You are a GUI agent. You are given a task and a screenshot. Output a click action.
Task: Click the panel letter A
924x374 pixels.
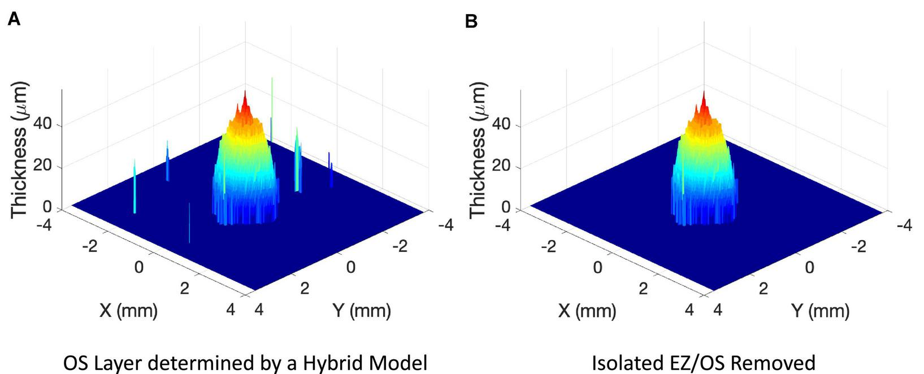click(14, 20)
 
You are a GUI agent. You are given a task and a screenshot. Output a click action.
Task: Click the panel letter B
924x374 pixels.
click(471, 21)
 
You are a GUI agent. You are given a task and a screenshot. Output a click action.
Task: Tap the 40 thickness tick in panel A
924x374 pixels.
click(42, 124)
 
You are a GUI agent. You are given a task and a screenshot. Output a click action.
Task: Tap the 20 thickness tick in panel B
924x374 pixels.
click(501, 166)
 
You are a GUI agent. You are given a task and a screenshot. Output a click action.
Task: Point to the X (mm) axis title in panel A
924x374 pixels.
click(128, 310)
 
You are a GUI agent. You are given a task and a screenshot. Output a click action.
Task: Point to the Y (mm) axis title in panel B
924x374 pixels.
click(820, 310)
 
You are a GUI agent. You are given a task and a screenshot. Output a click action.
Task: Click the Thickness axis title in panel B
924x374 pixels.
click(478, 150)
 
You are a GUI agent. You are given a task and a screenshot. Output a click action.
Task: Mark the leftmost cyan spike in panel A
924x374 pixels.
click(135, 186)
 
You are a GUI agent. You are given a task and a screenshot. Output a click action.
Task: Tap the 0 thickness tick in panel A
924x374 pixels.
click(47, 207)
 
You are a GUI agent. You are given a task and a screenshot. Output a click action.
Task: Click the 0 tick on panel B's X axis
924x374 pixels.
click(597, 267)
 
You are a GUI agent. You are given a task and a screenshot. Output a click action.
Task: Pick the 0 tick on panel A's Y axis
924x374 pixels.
click(350, 267)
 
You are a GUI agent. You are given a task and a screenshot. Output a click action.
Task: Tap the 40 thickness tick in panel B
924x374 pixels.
click(501, 124)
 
